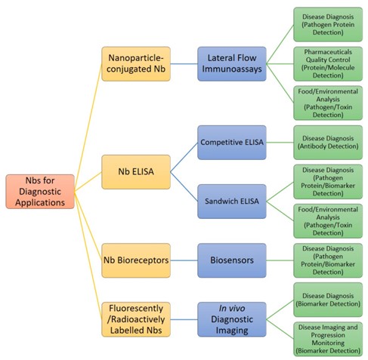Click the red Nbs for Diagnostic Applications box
tap(40, 192)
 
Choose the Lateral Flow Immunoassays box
tap(231, 63)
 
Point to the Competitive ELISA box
tap(231, 141)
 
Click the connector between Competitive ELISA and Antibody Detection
tap(279, 141)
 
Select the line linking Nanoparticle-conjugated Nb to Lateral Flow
tap(182, 63)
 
